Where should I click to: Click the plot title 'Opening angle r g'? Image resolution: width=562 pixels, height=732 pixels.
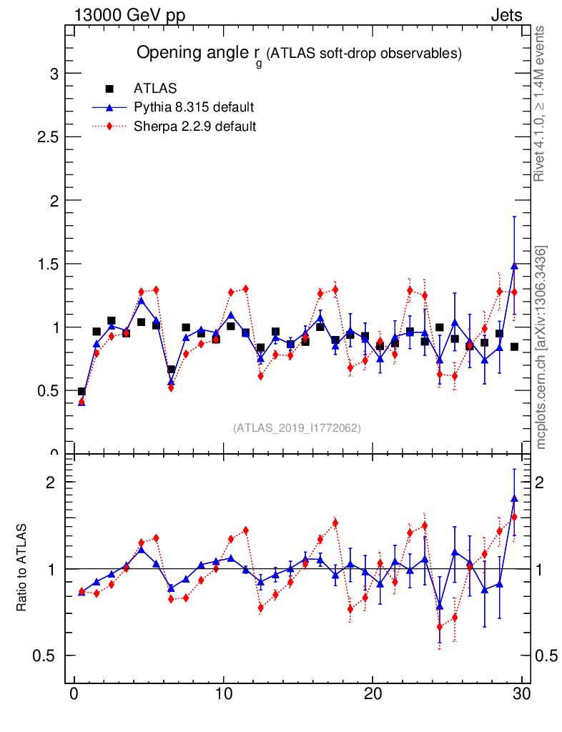pos(299,54)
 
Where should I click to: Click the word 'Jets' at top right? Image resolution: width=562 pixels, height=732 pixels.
pos(506,15)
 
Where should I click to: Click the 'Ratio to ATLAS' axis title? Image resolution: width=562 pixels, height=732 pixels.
pos(22,568)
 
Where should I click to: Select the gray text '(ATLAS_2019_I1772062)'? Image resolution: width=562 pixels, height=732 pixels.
pos(297,428)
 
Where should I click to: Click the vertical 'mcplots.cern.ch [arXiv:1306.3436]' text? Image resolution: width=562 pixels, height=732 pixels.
pos(542,347)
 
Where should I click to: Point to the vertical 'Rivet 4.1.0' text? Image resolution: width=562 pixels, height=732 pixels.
pos(541,104)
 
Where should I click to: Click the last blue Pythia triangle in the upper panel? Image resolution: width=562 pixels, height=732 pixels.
pos(514,266)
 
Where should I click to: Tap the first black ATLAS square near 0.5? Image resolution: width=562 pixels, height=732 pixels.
pos(82,392)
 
